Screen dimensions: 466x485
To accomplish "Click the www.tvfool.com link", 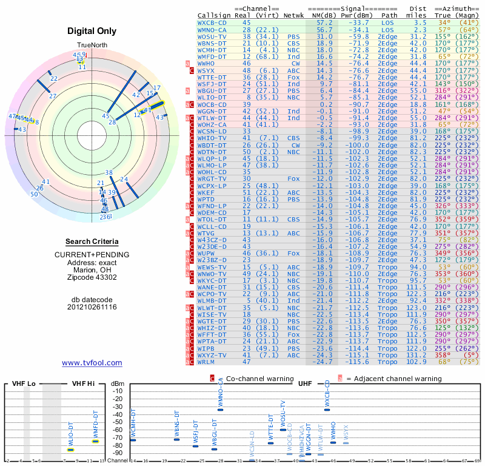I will coord(92,363).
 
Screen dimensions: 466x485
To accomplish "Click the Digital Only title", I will coord(92,31).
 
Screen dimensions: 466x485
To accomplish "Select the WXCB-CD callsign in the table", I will coord(212,22).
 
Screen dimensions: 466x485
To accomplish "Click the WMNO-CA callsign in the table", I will coord(212,29).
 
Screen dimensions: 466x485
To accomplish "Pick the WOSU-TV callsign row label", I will coord(212,36).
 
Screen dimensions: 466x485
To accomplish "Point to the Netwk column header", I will coord(294,15).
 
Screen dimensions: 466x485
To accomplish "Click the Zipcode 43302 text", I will coord(92,278).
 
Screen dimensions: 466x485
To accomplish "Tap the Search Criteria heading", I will coord(92,241).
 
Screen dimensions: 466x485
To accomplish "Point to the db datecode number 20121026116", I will coord(92,307).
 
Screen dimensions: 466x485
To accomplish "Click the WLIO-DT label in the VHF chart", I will coord(70,436).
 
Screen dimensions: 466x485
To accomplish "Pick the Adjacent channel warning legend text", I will coord(393,379).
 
